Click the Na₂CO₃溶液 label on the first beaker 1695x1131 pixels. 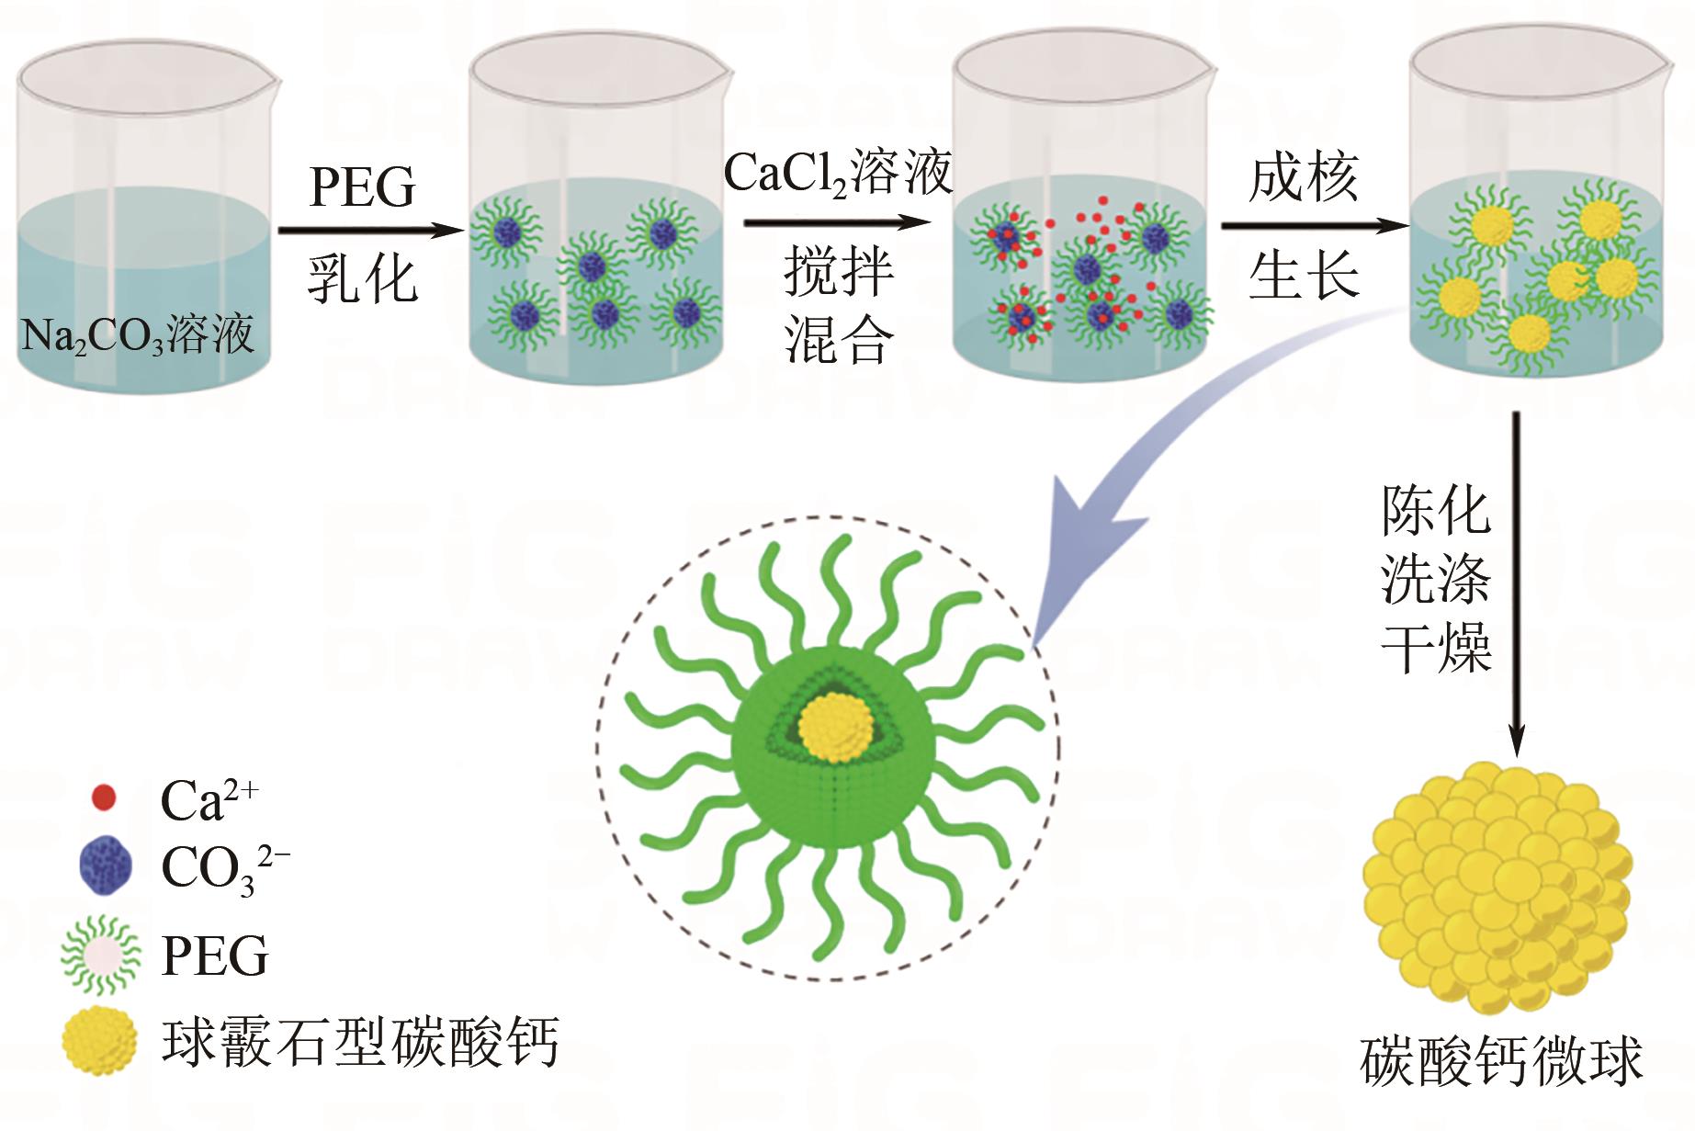tap(138, 334)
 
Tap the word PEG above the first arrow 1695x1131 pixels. tap(363, 188)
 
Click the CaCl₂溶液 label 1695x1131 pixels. tap(838, 171)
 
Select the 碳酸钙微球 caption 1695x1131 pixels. tap(1500, 1063)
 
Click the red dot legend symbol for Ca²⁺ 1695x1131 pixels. tap(104, 797)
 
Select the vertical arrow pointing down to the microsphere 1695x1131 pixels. tap(1517, 588)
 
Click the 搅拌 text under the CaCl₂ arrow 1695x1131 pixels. tap(838, 273)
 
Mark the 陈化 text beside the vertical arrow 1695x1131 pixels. tap(1436, 511)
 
